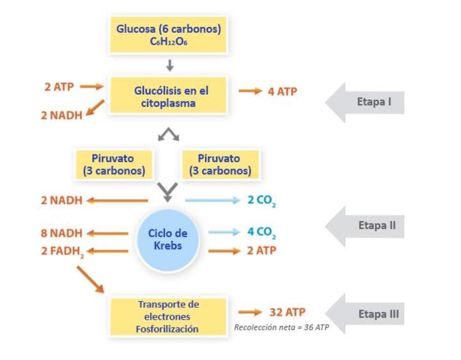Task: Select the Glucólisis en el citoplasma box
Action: click(168, 95)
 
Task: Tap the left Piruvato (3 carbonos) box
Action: click(115, 164)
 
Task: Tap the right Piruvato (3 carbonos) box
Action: click(220, 164)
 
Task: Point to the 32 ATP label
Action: click(287, 312)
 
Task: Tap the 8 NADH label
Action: click(61, 233)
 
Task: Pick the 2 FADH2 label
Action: click(61, 250)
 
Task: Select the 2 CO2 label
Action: click(262, 200)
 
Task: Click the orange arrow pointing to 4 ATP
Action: click(250, 91)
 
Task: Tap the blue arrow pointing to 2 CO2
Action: click(212, 200)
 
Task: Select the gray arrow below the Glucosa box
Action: click(169, 65)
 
